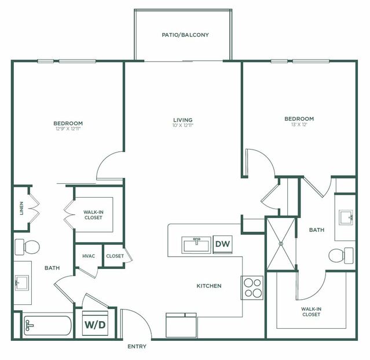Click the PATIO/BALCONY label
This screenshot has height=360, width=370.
pyautogui.click(x=185, y=35)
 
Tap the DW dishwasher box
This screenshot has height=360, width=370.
pyautogui.click(x=222, y=245)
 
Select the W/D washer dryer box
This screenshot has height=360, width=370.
pyautogui.click(x=96, y=325)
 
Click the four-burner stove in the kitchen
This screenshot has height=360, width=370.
pyautogui.click(x=252, y=288)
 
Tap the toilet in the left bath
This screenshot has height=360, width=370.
pyautogui.click(x=27, y=247)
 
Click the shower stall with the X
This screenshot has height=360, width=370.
pyautogui.click(x=280, y=243)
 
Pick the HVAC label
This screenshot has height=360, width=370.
pyautogui.click(x=89, y=256)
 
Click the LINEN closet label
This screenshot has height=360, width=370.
pyautogui.click(x=21, y=208)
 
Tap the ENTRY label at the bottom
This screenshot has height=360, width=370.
pyautogui.click(x=137, y=347)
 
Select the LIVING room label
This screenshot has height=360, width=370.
pyautogui.click(x=182, y=120)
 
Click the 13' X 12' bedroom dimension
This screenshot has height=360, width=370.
pyautogui.click(x=299, y=125)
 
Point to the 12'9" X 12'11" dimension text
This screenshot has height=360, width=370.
pyautogui.click(x=68, y=129)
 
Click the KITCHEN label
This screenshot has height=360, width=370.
pyautogui.click(x=208, y=286)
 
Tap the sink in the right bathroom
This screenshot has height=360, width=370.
pyautogui.click(x=346, y=218)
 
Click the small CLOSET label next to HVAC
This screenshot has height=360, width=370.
pyautogui.click(x=115, y=256)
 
